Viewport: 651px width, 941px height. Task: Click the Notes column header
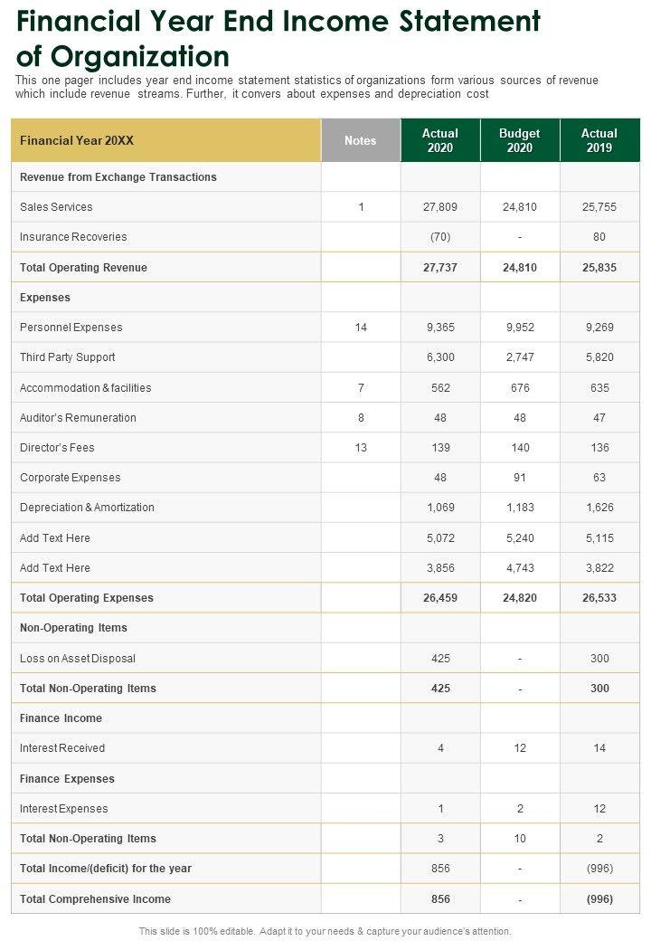[x=361, y=140]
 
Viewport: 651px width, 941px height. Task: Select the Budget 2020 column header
[x=520, y=140]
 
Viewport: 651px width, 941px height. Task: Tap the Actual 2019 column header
[x=599, y=140]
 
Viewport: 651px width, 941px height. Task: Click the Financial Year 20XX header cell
[x=76, y=140]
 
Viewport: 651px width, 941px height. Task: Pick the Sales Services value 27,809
[x=440, y=207]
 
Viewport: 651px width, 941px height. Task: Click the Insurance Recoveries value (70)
[x=440, y=237]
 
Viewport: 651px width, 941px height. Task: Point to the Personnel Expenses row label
[x=71, y=328]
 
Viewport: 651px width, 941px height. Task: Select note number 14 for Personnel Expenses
[x=361, y=328]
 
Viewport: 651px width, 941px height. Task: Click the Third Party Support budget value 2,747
[x=520, y=357]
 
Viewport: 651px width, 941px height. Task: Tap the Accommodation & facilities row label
[x=86, y=388]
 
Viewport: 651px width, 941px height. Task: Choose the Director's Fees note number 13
[x=361, y=448]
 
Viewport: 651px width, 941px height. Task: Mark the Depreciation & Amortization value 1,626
[x=599, y=508]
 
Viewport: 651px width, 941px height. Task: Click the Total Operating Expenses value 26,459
[x=440, y=598]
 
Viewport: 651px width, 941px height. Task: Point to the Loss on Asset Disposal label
[x=78, y=659]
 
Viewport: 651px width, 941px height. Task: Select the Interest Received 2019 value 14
[x=599, y=748]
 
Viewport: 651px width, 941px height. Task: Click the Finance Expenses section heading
[x=67, y=779]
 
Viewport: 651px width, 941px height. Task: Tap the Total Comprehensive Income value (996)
[x=599, y=899]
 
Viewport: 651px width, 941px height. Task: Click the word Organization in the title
[x=140, y=56]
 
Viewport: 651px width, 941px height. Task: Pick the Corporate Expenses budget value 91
[x=520, y=478]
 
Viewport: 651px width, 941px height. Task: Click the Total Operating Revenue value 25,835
[x=599, y=268]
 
